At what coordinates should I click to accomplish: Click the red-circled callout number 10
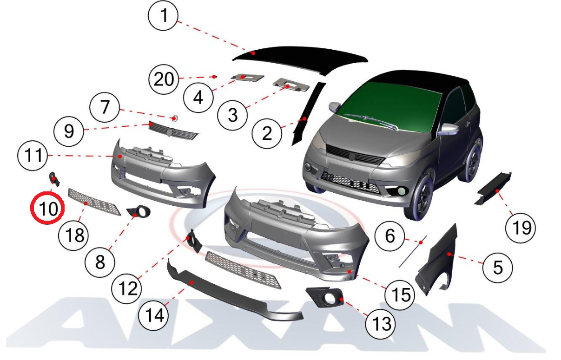(x=47, y=208)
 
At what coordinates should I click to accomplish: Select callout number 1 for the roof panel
(x=163, y=15)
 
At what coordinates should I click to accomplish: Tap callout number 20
(x=164, y=79)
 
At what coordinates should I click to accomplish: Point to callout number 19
(x=521, y=228)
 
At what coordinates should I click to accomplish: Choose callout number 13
(x=381, y=324)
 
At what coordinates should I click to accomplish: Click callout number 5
(x=498, y=268)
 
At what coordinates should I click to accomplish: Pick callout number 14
(x=153, y=315)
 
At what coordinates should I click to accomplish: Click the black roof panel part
(x=301, y=59)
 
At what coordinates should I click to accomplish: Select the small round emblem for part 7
(x=175, y=118)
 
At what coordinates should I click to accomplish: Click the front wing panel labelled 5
(x=437, y=261)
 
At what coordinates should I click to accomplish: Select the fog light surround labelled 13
(x=325, y=297)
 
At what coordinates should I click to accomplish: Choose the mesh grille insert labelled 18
(x=94, y=202)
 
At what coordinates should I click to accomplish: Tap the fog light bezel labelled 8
(x=139, y=211)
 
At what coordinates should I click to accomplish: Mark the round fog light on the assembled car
(x=402, y=191)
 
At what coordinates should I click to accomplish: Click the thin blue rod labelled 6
(x=413, y=251)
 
